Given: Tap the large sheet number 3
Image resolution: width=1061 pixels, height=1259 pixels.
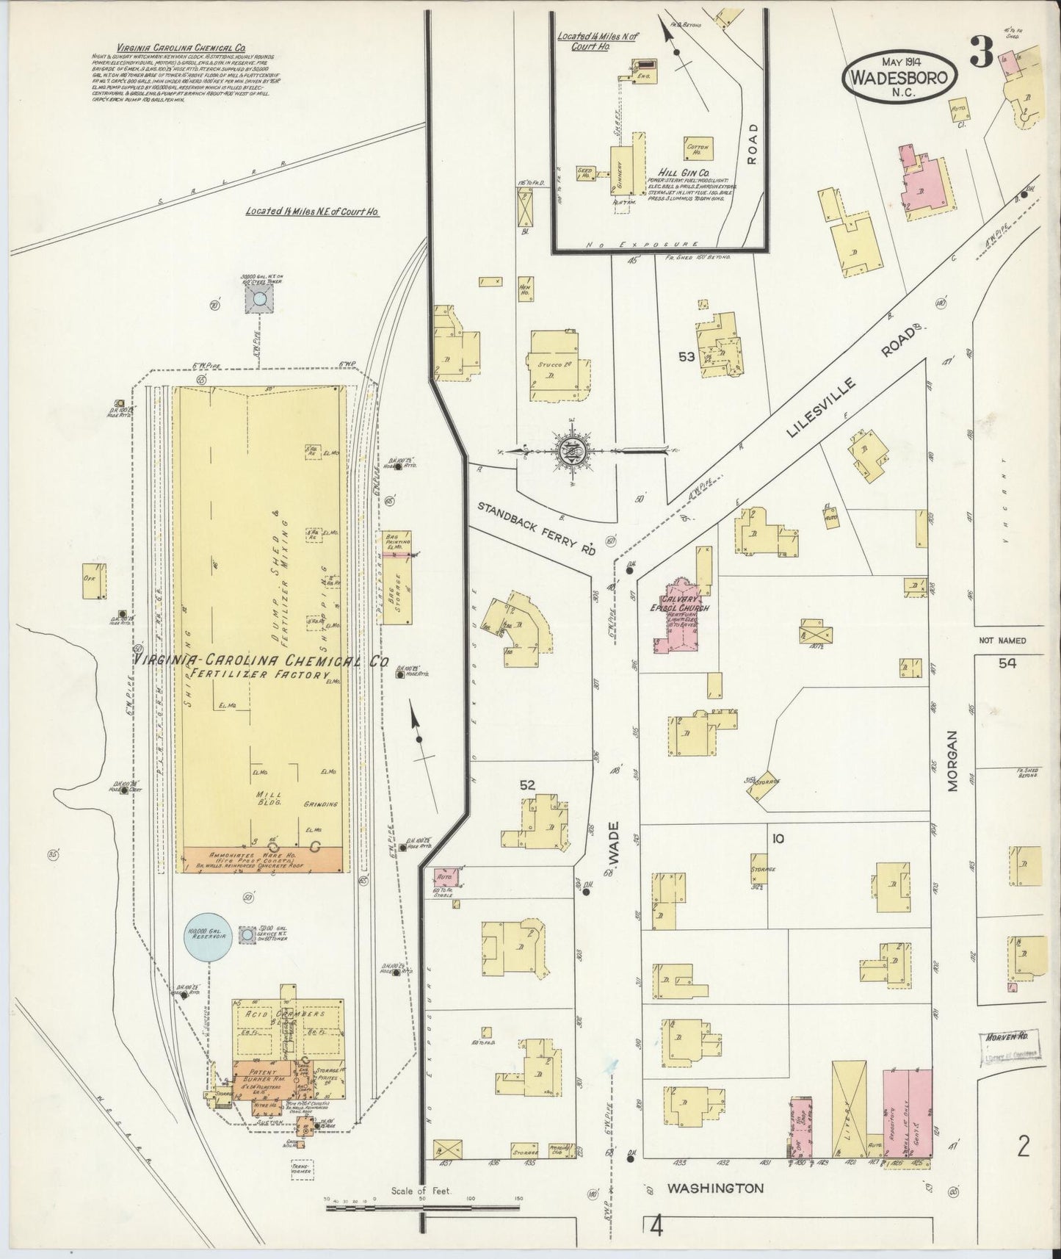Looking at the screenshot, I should click(x=982, y=51).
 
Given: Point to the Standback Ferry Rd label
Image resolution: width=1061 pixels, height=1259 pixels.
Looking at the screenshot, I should click(x=536, y=527).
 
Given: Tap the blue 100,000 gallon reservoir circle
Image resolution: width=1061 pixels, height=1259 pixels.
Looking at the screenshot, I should click(x=209, y=935).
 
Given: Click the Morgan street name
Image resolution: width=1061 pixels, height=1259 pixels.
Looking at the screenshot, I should click(x=952, y=760).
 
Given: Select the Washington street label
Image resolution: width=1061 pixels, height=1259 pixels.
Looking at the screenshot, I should click(x=715, y=1188).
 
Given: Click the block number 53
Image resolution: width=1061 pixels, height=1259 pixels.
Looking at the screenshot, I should click(x=687, y=358).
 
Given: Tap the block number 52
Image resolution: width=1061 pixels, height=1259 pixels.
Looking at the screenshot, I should click(x=527, y=784).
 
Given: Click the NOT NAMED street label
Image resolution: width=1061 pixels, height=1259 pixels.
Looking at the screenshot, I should click(x=1002, y=641).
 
